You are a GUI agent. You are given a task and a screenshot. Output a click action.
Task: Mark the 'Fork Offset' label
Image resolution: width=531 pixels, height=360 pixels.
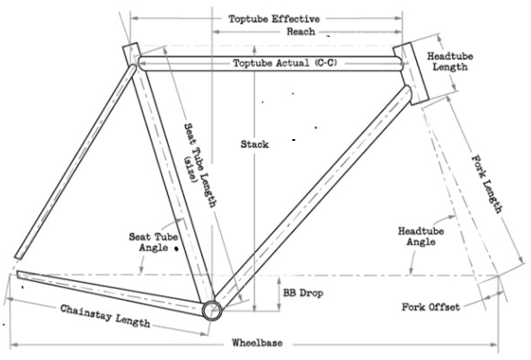click(431, 307)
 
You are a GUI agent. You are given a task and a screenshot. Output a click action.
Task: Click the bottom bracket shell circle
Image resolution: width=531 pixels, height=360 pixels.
click(213, 311)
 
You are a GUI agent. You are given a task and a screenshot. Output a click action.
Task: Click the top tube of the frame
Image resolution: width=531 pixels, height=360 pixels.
click(207, 65)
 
